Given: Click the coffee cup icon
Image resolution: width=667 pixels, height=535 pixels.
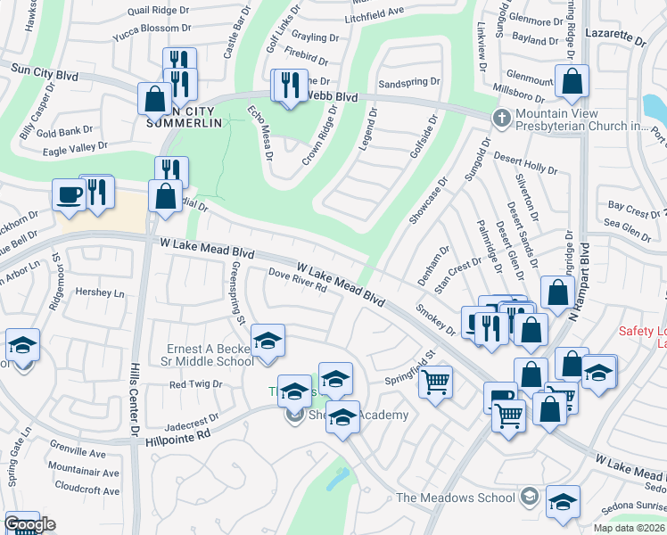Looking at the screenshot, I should [68, 194].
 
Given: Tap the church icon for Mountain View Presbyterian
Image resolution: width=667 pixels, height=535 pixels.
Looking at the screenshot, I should [502, 118].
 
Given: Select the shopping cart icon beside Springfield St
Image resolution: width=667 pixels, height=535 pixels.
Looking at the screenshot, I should [435, 383].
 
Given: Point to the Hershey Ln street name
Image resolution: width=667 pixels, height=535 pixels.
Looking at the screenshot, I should [100, 292].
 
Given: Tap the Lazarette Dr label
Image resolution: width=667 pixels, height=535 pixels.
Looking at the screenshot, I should [615, 40].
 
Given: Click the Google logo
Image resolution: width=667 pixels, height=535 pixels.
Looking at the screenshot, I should [29, 524].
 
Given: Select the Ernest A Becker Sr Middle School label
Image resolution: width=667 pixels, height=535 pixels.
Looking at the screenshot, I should [210, 355].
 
